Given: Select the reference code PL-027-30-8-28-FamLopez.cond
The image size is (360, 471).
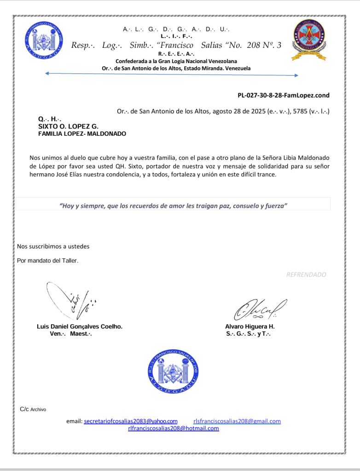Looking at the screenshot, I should pyautogui.click(x=283, y=95).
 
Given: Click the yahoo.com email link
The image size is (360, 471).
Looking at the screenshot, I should pyautogui.click(x=130, y=421).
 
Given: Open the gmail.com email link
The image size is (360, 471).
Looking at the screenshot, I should pyautogui.click(x=237, y=421).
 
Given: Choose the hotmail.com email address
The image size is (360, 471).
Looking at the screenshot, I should pyautogui.click(x=173, y=428).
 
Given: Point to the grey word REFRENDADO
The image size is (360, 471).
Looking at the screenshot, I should pyautogui.click(x=306, y=274).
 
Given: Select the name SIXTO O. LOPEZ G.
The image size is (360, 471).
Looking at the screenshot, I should pyautogui.click(x=68, y=126).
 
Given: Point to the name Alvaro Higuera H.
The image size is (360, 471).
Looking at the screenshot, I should pyautogui.click(x=250, y=326).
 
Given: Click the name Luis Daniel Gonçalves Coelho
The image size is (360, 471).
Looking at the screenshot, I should pyautogui.click(x=80, y=326).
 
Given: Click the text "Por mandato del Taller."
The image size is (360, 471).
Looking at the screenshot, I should pyautogui.click(x=47, y=261).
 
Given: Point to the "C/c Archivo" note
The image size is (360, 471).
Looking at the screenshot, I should pyautogui.click(x=33, y=409).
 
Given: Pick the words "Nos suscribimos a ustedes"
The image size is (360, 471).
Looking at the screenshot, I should pyautogui.click(x=53, y=246).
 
